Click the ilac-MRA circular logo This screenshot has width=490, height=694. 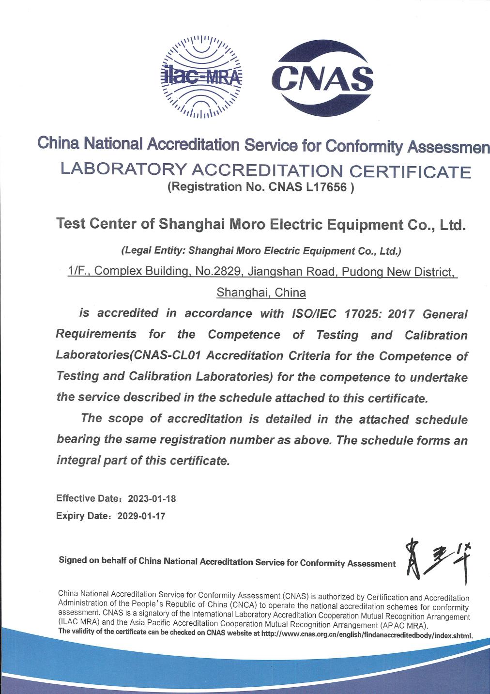[200, 77]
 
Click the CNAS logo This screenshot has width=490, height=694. [322, 77]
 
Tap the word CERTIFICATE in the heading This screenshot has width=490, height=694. [410, 171]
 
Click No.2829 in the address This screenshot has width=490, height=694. [218, 271]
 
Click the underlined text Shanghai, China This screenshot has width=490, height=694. [261, 293]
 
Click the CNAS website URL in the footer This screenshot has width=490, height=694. [367, 635]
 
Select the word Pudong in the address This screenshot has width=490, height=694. [359, 272]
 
